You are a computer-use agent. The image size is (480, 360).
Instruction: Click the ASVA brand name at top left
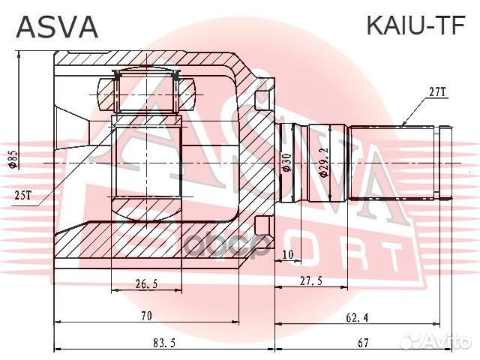point(58,27)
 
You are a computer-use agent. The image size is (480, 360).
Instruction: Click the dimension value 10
point(289,255)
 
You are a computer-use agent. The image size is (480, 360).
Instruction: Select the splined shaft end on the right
point(397,162)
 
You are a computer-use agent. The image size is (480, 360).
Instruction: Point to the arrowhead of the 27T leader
point(403,124)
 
